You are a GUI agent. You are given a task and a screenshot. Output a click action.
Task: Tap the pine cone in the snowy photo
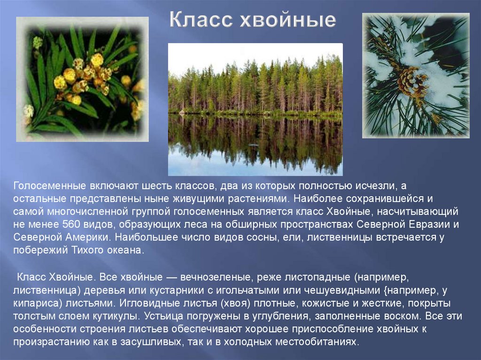(x=411, y=81)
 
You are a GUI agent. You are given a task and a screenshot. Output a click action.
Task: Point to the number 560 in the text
(x=71, y=224)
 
